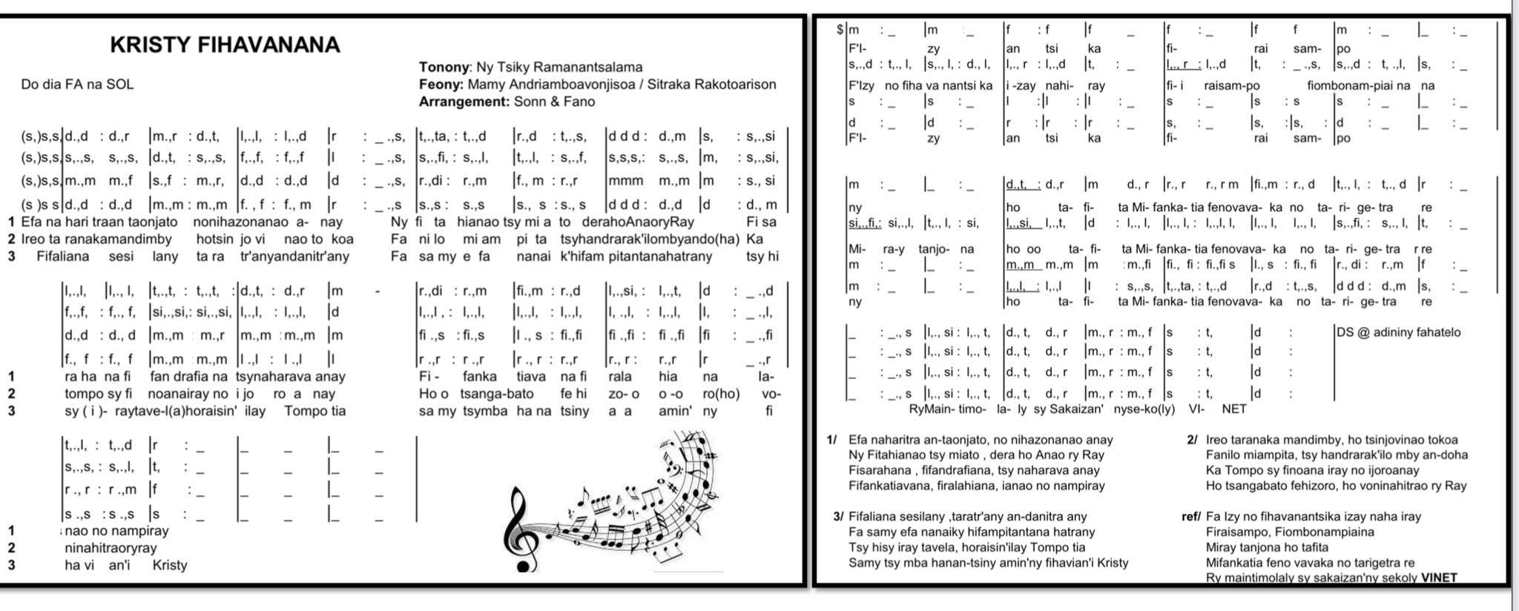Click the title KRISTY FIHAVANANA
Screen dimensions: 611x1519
225,45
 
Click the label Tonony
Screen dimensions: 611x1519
444,67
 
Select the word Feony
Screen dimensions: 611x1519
441,85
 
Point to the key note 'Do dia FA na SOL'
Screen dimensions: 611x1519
77,85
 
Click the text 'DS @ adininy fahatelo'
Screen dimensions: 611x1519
1398,332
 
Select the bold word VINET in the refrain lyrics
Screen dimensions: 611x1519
1439,578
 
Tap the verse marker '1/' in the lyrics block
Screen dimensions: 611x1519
831,440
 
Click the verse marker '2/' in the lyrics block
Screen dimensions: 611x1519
1192,440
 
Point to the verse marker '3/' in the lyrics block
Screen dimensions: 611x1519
838,517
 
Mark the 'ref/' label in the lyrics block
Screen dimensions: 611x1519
1190,517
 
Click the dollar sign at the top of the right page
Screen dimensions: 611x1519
840,30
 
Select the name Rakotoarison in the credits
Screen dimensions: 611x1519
734,85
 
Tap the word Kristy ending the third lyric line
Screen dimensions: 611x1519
170,565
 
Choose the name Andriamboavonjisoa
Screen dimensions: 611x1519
570,85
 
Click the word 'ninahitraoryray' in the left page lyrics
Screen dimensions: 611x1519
111,548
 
